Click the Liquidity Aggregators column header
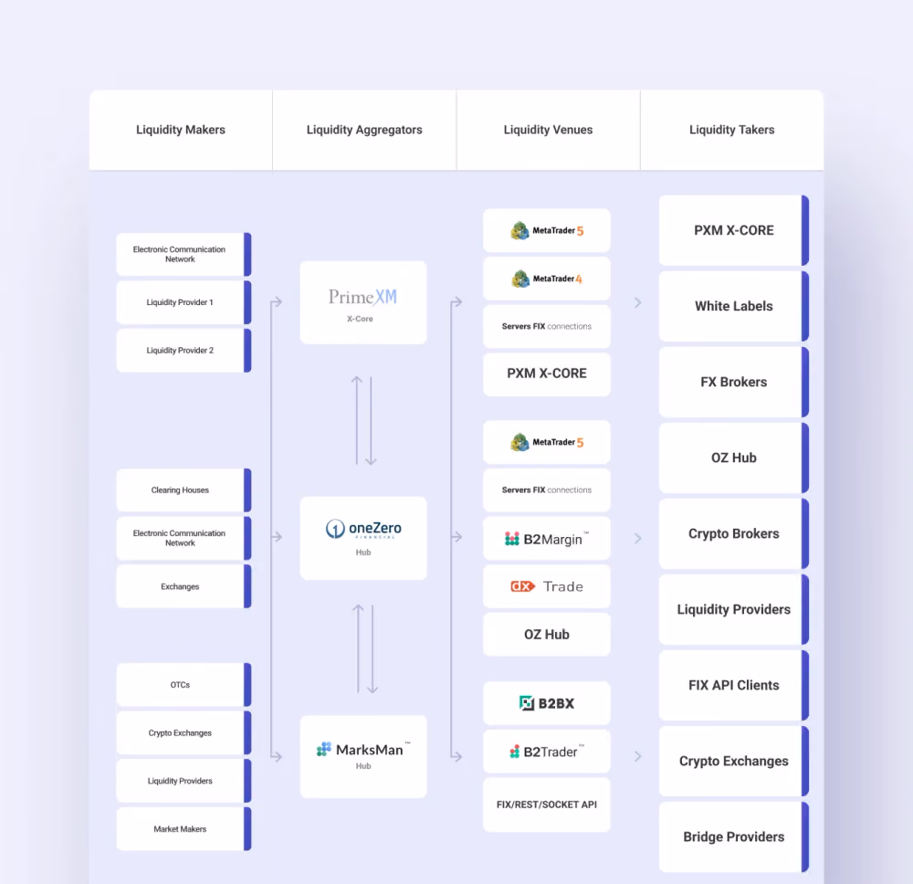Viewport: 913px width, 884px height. click(x=364, y=130)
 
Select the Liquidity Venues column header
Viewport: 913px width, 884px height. click(x=548, y=130)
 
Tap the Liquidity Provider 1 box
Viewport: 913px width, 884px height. click(x=184, y=302)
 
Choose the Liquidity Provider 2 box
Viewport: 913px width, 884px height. click(x=184, y=351)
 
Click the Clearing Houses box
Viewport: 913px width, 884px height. click(x=184, y=490)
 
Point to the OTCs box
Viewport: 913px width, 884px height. click(x=184, y=685)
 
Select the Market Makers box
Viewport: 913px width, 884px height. click(x=184, y=828)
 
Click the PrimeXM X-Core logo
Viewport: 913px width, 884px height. click(x=363, y=302)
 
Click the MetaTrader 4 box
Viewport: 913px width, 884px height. click(x=547, y=279)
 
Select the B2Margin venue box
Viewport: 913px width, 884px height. click(x=547, y=539)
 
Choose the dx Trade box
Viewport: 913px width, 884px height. click(x=547, y=586)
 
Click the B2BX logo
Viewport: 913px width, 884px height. click(x=547, y=703)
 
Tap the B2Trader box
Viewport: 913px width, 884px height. click(x=547, y=752)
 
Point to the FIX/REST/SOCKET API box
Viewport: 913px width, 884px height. click(x=547, y=805)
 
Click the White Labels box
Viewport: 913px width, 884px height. click(x=734, y=306)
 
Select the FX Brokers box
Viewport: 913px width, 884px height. click(x=734, y=382)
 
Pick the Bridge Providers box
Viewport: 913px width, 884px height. click(x=734, y=837)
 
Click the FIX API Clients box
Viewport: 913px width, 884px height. click(x=734, y=686)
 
